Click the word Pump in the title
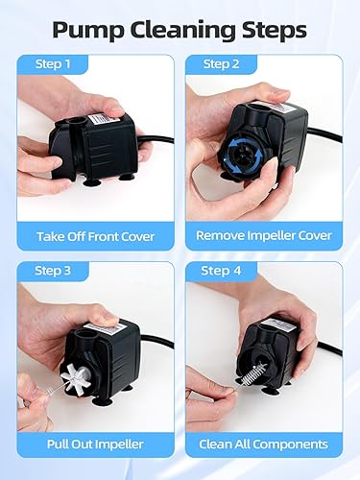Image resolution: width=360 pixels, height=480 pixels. [x=86, y=29]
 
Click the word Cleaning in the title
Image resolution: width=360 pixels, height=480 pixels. [x=180, y=29]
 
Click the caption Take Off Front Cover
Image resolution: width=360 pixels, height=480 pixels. [x=95, y=235]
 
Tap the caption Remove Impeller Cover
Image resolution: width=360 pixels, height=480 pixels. [x=264, y=235]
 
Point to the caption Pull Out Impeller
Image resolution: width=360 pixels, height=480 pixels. [x=95, y=444]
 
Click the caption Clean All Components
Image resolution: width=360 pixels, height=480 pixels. [x=264, y=444]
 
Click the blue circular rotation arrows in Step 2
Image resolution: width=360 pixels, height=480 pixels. [x=240, y=155]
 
